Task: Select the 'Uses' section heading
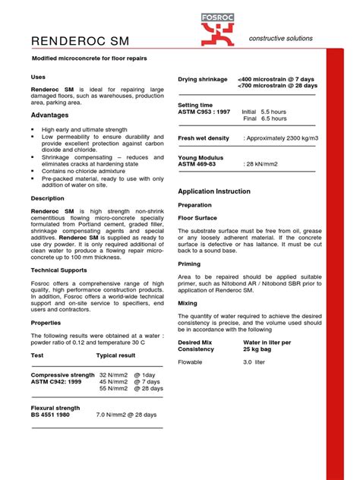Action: [x=38, y=77]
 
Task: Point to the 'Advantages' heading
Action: [x=49, y=115]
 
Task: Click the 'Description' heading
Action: [x=47, y=198]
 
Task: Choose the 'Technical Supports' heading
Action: [x=60, y=270]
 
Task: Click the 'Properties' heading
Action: [x=46, y=322]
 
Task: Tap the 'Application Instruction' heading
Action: [x=220, y=191]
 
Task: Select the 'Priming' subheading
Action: [x=190, y=264]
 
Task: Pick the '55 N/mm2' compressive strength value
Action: [x=115, y=388]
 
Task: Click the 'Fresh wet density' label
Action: [x=203, y=138]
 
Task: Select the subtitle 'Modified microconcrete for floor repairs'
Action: [x=99, y=58]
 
